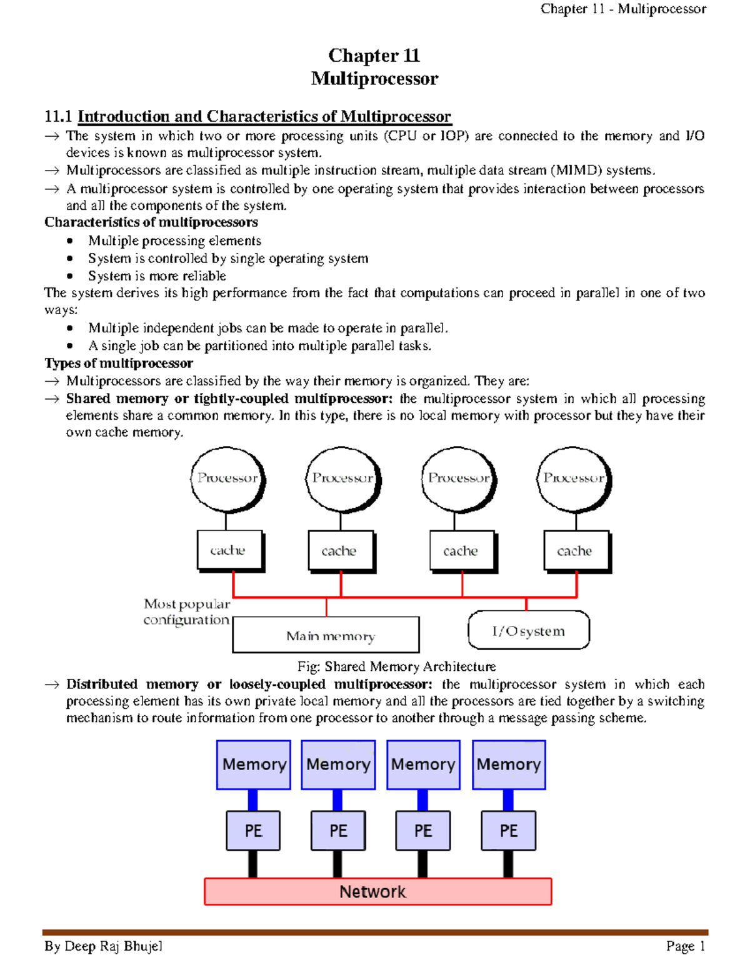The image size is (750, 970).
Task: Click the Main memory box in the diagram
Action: pyautogui.click(x=326, y=635)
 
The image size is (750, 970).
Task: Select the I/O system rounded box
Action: pyautogui.click(x=528, y=630)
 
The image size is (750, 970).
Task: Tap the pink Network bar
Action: pyautogui.click(x=377, y=891)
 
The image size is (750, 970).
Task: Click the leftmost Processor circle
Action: pyautogui.click(x=227, y=478)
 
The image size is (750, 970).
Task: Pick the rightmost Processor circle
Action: pyautogui.click(x=574, y=478)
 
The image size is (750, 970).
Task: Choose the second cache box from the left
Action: pyautogui.click(x=341, y=550)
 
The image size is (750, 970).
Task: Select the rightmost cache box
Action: pyautogui.click(x=576, y=550)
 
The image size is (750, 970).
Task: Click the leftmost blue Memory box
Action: pyautogui.click(x=254, y=765)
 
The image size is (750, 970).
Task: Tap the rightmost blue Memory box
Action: pyautogui.click(x=509, y=765)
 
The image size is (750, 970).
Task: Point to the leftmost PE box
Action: pyautogui.click(x=253, y=831)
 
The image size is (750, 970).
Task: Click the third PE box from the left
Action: pyautogui.click(x=423, y=831)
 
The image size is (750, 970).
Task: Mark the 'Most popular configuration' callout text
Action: pyautogui.click(x=187, y=611)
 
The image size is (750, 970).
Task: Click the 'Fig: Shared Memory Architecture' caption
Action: pyautogui.click(x=397, y=666)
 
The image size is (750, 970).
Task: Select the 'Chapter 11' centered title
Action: pyautogui.click(x=374, y=56)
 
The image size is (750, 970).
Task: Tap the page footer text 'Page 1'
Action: pyautogui.click(x=685, y=946)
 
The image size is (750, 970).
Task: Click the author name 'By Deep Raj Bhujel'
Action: pyautogui.click(x=103, y=946)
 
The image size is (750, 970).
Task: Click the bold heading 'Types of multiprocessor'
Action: pyautogui.click(x=119, y=363)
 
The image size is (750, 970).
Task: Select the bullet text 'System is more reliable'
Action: pyautogui.click(x=157, y=275)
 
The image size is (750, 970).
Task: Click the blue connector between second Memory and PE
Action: pyautogui.click(x=337, y=800)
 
